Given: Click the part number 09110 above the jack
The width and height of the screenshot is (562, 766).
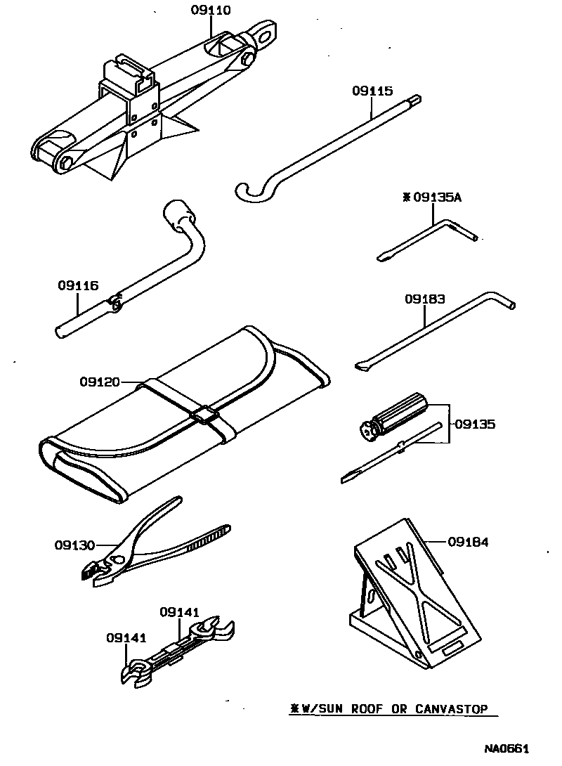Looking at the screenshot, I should click(211, 11).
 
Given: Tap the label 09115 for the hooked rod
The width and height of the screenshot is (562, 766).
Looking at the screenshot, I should click(372, 91).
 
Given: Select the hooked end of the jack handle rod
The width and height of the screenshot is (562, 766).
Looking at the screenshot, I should click(249, 192).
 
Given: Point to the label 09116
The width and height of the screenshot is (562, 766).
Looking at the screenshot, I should click(77, 286).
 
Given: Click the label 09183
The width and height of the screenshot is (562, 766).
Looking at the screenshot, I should click(424, 299).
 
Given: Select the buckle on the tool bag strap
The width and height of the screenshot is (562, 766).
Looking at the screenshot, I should click(204, 415).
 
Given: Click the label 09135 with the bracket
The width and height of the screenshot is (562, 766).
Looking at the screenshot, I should click(475, 424).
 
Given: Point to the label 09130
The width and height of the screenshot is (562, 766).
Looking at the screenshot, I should click(75, 545).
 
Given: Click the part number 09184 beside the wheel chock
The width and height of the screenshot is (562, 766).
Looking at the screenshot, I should click(468, 542).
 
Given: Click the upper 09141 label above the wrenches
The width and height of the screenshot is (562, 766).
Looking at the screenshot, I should click(180, 611).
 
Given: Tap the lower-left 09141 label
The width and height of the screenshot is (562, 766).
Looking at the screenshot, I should click(126, 637).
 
